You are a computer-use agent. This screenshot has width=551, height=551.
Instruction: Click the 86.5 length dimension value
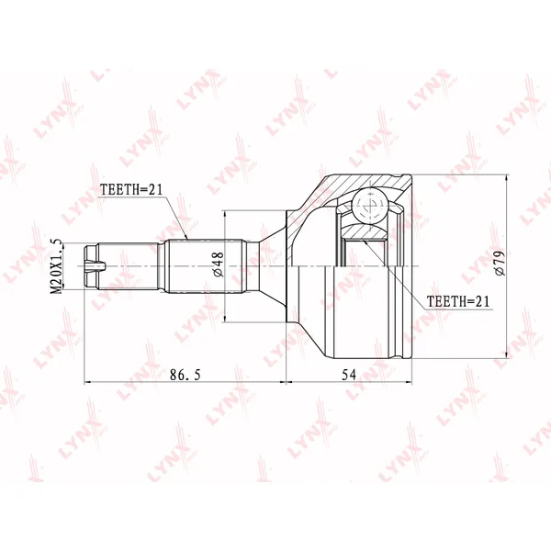pos(186,375)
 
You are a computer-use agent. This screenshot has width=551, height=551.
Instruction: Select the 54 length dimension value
pos(349,375)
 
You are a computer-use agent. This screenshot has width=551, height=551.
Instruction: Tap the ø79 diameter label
pos(499,263)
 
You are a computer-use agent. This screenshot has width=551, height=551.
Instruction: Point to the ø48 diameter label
pos(218,264)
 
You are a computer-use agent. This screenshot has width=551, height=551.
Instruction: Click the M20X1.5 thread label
pos(57,266)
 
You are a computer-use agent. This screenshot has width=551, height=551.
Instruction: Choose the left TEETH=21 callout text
pos(131,190)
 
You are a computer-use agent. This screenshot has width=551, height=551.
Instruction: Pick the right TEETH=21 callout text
pos(457,301)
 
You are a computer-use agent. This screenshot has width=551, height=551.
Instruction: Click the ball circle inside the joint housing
pos(370,206)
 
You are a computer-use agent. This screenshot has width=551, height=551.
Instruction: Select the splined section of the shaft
pos(204,266)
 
